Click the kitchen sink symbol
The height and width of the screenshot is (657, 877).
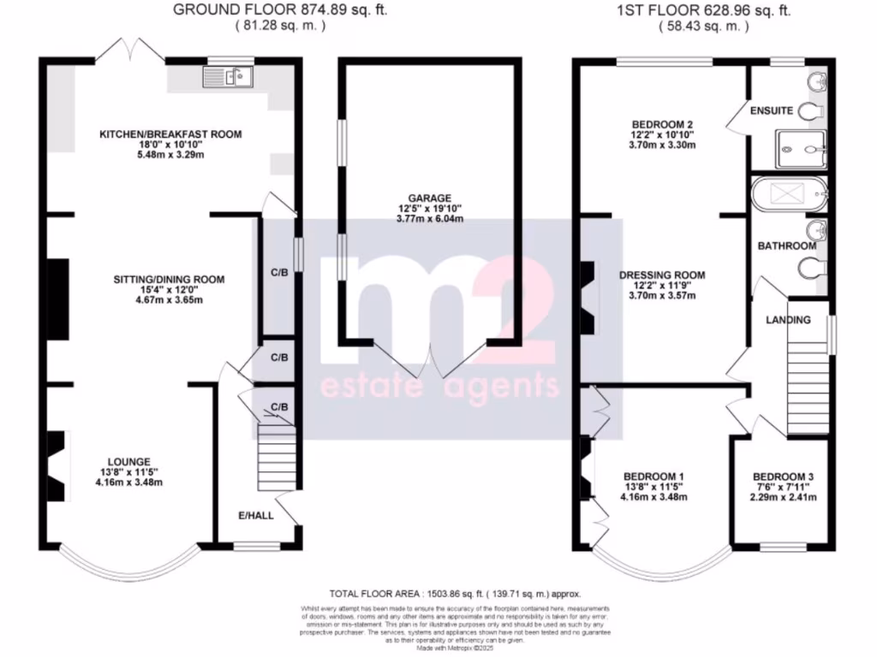pyautogui.click(x=227, y=79)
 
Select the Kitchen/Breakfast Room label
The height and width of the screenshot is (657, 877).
pyautogui.click(x=170, y=134)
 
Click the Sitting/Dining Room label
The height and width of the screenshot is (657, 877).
pyautogui.click(x=169, y=279)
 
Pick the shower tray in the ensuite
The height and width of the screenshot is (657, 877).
pyautogui.click(x=801, y=150)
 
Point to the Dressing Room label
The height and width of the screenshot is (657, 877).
pyautogui.click(x=662, y=275)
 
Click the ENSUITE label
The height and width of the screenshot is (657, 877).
pyautogui.click(x=772, y=111)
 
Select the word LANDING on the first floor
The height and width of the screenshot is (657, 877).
pyautogui.click(x=788, y=320)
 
